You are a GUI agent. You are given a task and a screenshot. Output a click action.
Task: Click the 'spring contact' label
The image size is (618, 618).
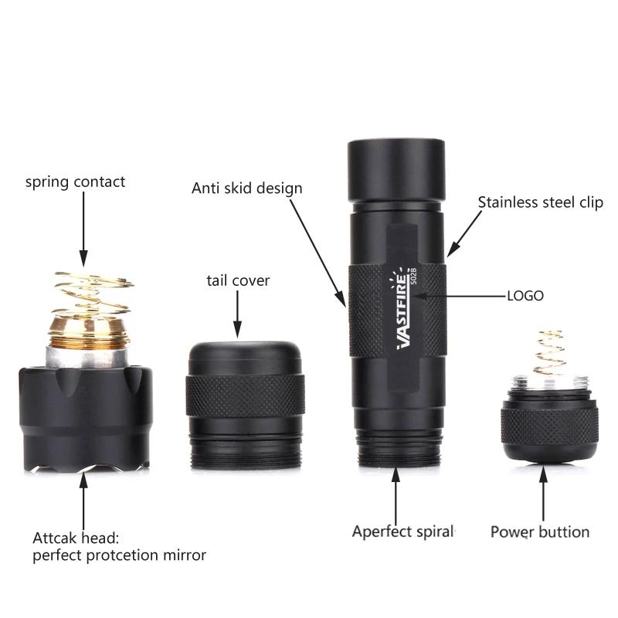pos(75,183)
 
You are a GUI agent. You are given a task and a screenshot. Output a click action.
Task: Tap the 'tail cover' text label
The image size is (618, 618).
pos(238,280)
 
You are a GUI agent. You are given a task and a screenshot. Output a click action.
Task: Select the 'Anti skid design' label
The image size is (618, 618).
pos(247,188)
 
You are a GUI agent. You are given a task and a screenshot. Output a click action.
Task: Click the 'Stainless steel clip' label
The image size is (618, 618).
pos(540,203)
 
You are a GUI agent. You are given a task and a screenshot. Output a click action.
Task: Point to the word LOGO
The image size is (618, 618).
pos(525,296)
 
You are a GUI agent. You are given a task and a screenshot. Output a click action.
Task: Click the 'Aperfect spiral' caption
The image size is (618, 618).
pos(403,531)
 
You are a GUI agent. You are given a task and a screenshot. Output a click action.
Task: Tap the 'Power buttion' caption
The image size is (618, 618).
pos(540,532)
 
